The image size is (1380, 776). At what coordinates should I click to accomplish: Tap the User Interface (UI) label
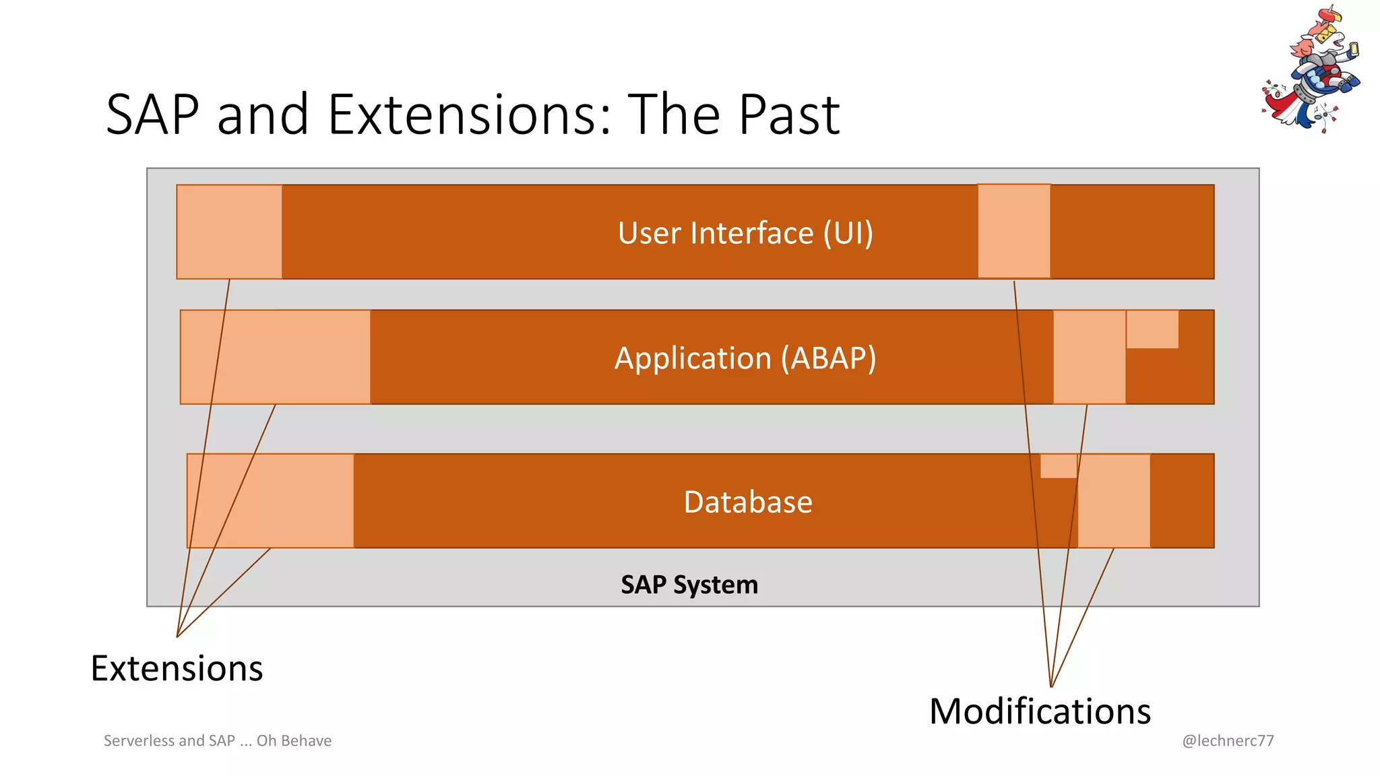[x=745, y=233]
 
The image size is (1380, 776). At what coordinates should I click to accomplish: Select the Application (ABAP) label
[x=745, y=358]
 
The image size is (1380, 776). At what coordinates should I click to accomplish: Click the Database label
[x=748, y=502]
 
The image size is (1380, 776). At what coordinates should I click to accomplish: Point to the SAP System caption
[x=689, y=584]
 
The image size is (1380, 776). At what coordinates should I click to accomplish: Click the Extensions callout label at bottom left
[x=177, y=668]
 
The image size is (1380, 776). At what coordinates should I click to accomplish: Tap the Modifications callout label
[x=1040, y=711]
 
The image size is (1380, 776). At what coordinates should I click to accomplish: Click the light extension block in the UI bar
[x=229, y=232]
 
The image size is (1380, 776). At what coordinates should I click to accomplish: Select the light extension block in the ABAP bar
[x=276, y=357]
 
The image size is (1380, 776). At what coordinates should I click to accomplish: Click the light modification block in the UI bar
[x=1013, y=231]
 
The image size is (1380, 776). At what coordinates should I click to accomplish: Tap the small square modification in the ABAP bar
[x=1152, y=329]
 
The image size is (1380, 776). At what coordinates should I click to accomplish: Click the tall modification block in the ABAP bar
[x=1089, y=357]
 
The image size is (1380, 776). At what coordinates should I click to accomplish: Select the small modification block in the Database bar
[x=1058, y=466]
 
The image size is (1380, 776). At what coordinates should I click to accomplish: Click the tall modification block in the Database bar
[x=1114, y=500]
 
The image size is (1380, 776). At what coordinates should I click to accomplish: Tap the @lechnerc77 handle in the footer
[x=1228, y=740]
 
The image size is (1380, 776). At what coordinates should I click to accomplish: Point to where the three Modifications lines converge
[x=1051, y=686]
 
